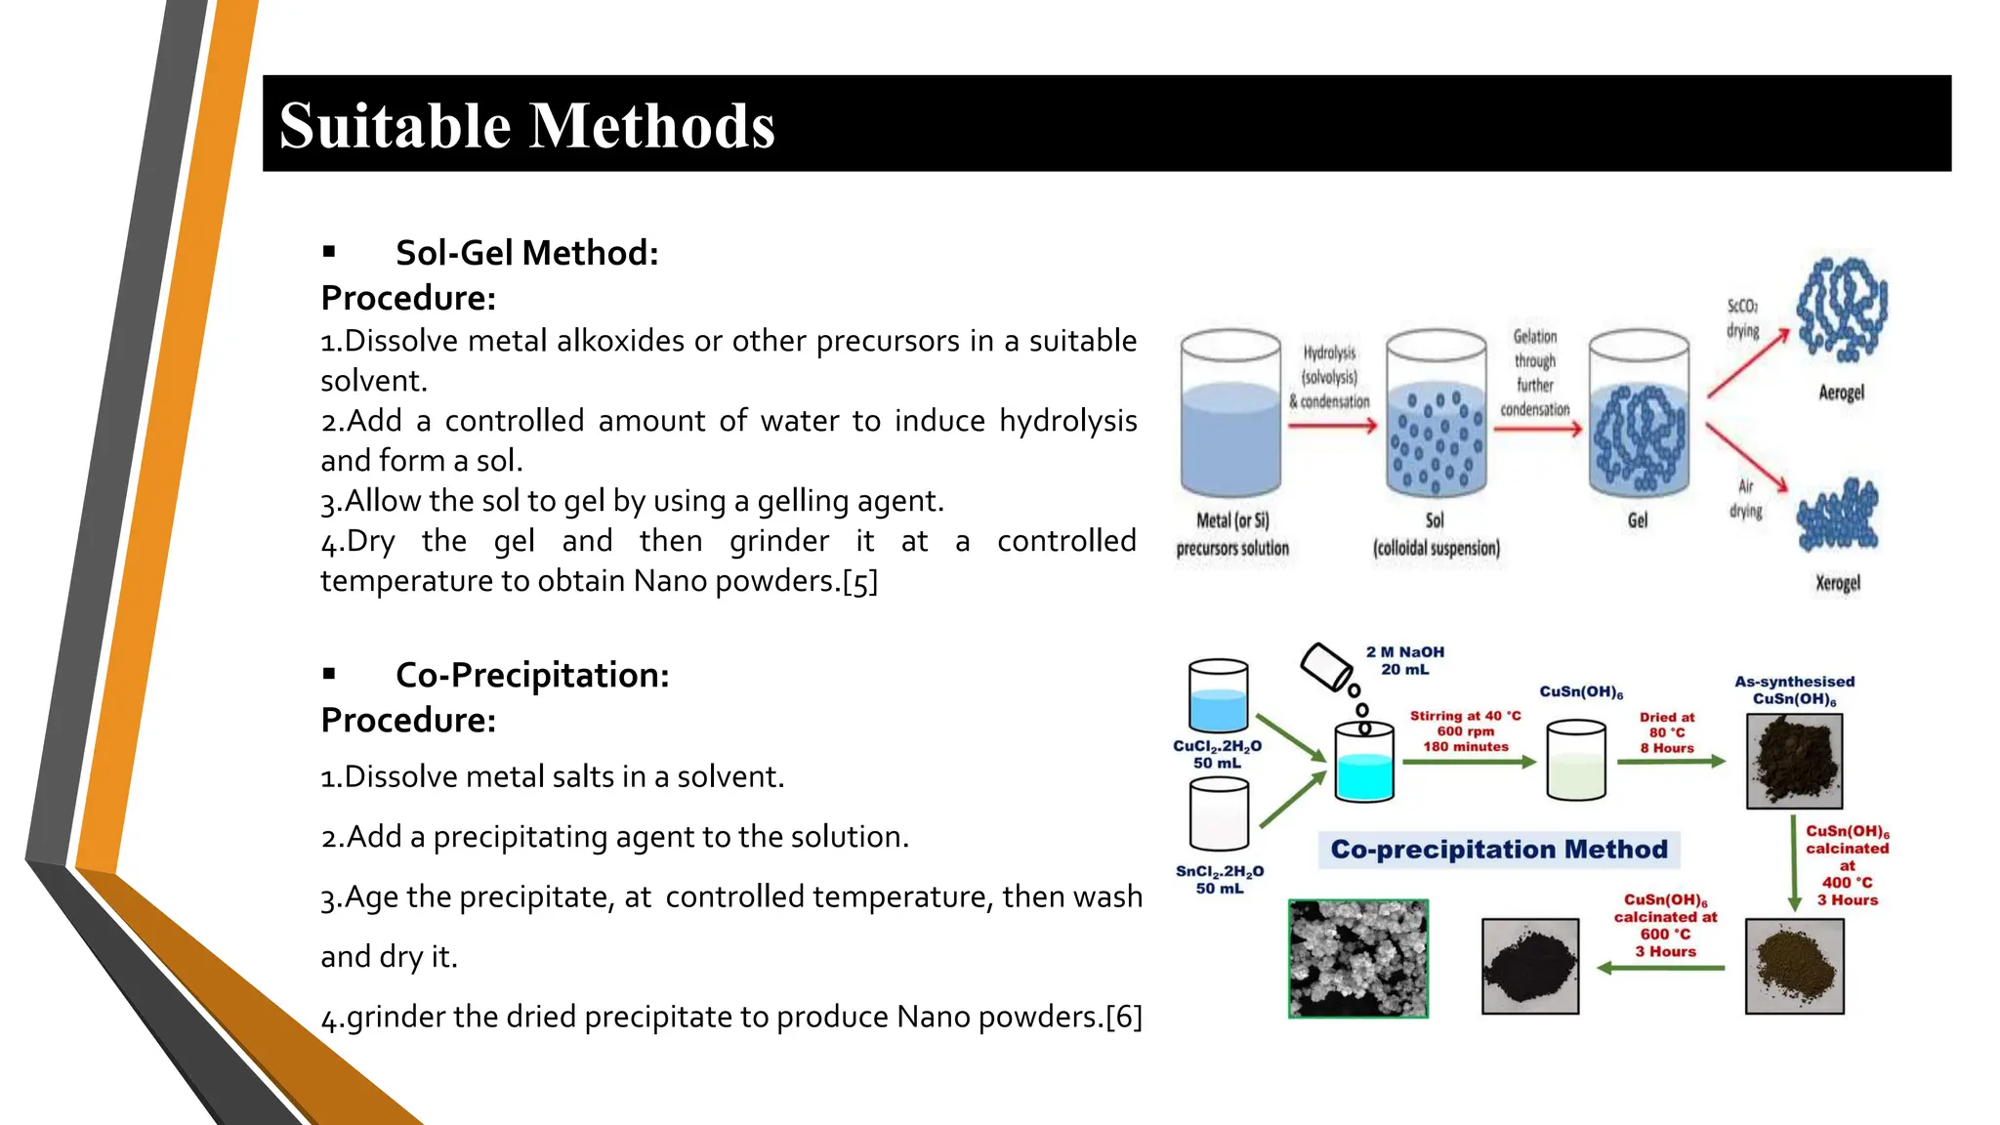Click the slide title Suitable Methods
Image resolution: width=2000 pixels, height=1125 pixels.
coord(527,126)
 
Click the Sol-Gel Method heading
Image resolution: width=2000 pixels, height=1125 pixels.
coord(526,253)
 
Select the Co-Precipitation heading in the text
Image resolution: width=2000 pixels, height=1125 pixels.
coord(532,675)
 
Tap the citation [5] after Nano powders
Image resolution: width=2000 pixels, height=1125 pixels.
coord(859,582)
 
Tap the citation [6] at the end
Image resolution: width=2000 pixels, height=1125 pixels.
coord(1123,1018)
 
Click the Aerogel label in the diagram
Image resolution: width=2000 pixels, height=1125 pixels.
coord(1841,393)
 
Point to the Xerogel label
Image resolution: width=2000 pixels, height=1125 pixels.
coord(1838,583)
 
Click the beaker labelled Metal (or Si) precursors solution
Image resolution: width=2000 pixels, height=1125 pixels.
coord(1230,415)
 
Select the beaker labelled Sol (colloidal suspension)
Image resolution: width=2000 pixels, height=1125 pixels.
coord(1436,415)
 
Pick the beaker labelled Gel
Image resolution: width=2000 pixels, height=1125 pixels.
coord(1639,415)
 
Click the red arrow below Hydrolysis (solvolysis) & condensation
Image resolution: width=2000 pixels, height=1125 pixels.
coord(1332,426)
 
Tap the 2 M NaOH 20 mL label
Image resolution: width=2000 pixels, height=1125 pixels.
coord(1404,660)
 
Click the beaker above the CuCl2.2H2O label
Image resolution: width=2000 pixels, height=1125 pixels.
coord(1218,696)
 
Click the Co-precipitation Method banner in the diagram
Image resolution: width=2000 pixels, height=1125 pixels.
coord(1499,850)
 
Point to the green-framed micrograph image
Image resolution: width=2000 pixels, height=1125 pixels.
coord(1358,959)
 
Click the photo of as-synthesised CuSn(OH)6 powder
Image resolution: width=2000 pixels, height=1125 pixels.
coord(1794,761)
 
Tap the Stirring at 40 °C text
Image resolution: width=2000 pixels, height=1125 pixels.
coord(1465,716)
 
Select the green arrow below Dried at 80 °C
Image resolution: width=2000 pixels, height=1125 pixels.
coord(1671,762)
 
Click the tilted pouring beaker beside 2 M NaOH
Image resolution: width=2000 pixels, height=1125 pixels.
coord(1326,666)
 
